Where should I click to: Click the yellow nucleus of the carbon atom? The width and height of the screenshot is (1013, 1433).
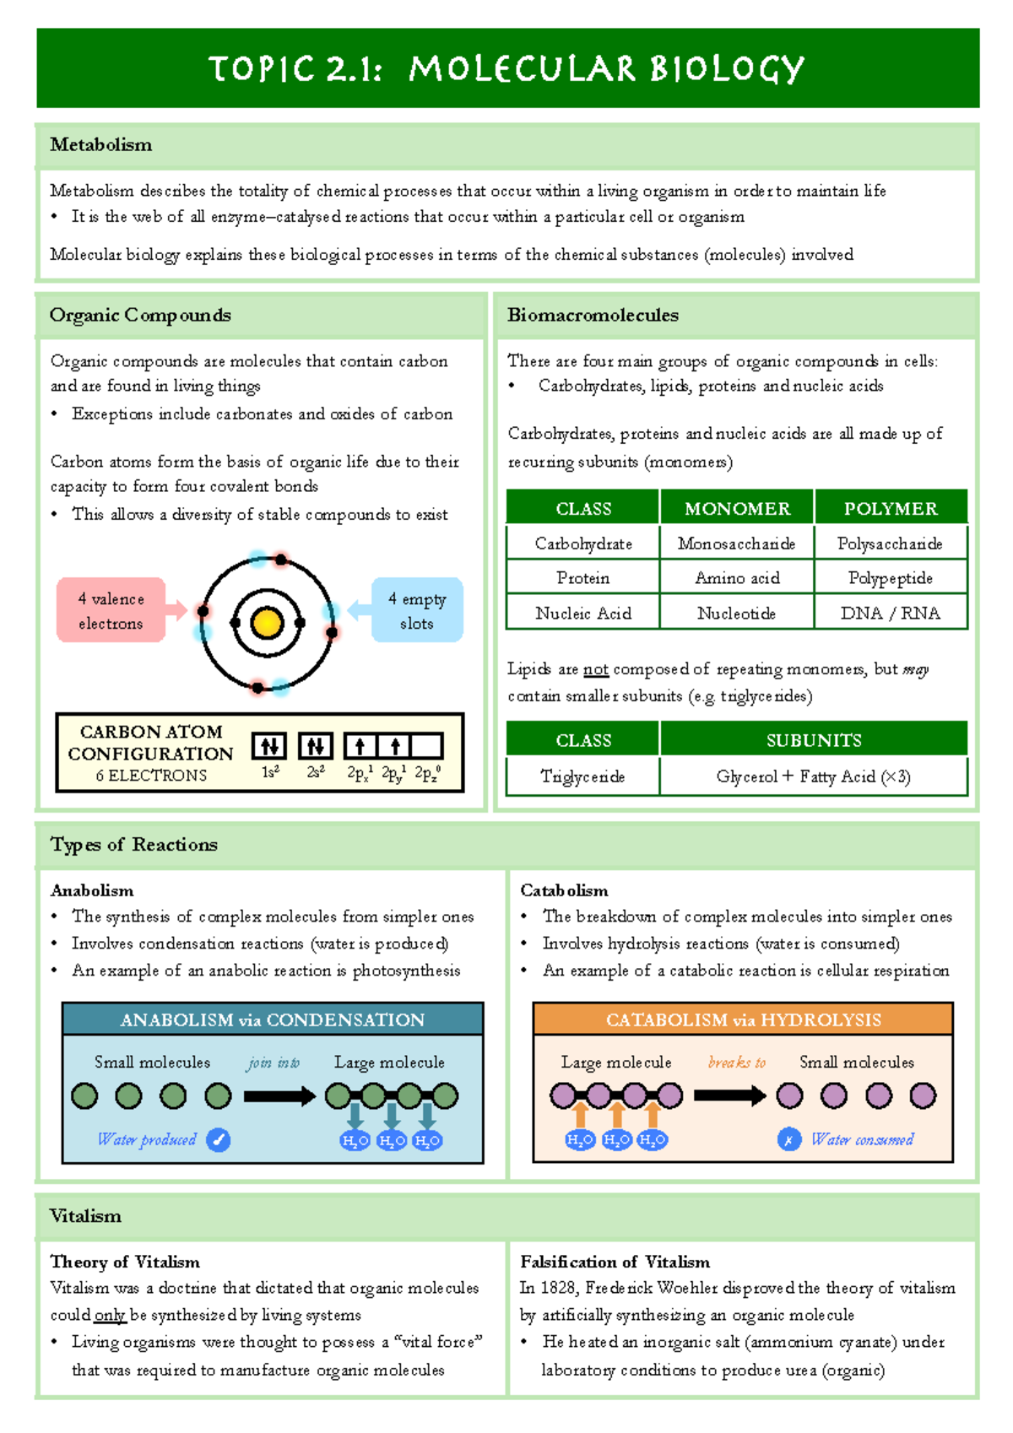267,624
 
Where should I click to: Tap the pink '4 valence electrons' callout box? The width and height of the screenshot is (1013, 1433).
111,610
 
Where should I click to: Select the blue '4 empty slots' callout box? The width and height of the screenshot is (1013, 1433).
417,610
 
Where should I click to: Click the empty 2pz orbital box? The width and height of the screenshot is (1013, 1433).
427,746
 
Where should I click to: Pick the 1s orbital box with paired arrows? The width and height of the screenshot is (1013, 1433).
269,746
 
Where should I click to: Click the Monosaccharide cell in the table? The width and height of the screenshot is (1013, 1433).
736,543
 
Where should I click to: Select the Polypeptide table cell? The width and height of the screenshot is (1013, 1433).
890,578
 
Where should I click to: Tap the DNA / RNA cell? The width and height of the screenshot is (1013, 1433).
890,614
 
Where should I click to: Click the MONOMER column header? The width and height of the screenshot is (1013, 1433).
737,508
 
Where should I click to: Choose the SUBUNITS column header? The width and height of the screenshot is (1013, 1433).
814,740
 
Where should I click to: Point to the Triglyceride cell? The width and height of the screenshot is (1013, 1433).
582,776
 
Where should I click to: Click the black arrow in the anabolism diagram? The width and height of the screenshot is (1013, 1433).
279,1096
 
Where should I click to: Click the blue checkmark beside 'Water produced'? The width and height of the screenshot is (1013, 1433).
219,1140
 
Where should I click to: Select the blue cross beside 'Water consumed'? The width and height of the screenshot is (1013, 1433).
789,1140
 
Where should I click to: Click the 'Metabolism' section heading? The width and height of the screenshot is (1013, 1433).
101,145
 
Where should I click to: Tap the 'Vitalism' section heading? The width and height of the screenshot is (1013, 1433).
85,1216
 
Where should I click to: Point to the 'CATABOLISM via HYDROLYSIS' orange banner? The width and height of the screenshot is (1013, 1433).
743,1019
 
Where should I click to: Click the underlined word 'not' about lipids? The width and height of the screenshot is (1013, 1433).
596,670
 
